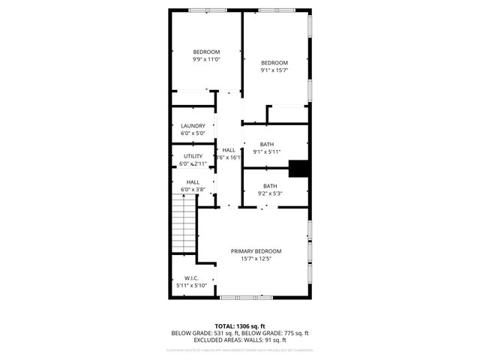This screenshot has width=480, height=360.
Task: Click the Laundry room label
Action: [193, 126]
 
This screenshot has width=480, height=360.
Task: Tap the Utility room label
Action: [193, 157]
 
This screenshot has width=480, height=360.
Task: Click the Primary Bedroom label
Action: [256, 251]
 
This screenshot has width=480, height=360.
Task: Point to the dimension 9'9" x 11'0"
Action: [206, 59]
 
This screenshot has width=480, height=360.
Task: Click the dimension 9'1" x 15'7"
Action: [274, 70]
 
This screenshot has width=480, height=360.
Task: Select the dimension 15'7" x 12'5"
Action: [256, 259]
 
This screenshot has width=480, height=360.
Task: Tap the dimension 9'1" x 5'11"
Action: [267, 151]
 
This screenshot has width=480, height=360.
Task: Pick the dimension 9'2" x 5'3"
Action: [270, 193]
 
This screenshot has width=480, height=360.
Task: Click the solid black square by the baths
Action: [299, 169]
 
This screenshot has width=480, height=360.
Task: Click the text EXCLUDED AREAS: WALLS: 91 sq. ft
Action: [240, 340]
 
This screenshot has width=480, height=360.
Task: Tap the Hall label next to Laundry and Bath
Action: [229, 150]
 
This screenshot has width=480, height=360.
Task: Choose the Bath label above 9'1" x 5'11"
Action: [267, 144]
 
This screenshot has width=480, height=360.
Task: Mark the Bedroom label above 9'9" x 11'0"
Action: [206, 52]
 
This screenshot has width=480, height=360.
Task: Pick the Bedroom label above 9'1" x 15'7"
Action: [274, 62]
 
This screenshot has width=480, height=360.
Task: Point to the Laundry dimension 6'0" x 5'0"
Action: [193, 133]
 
